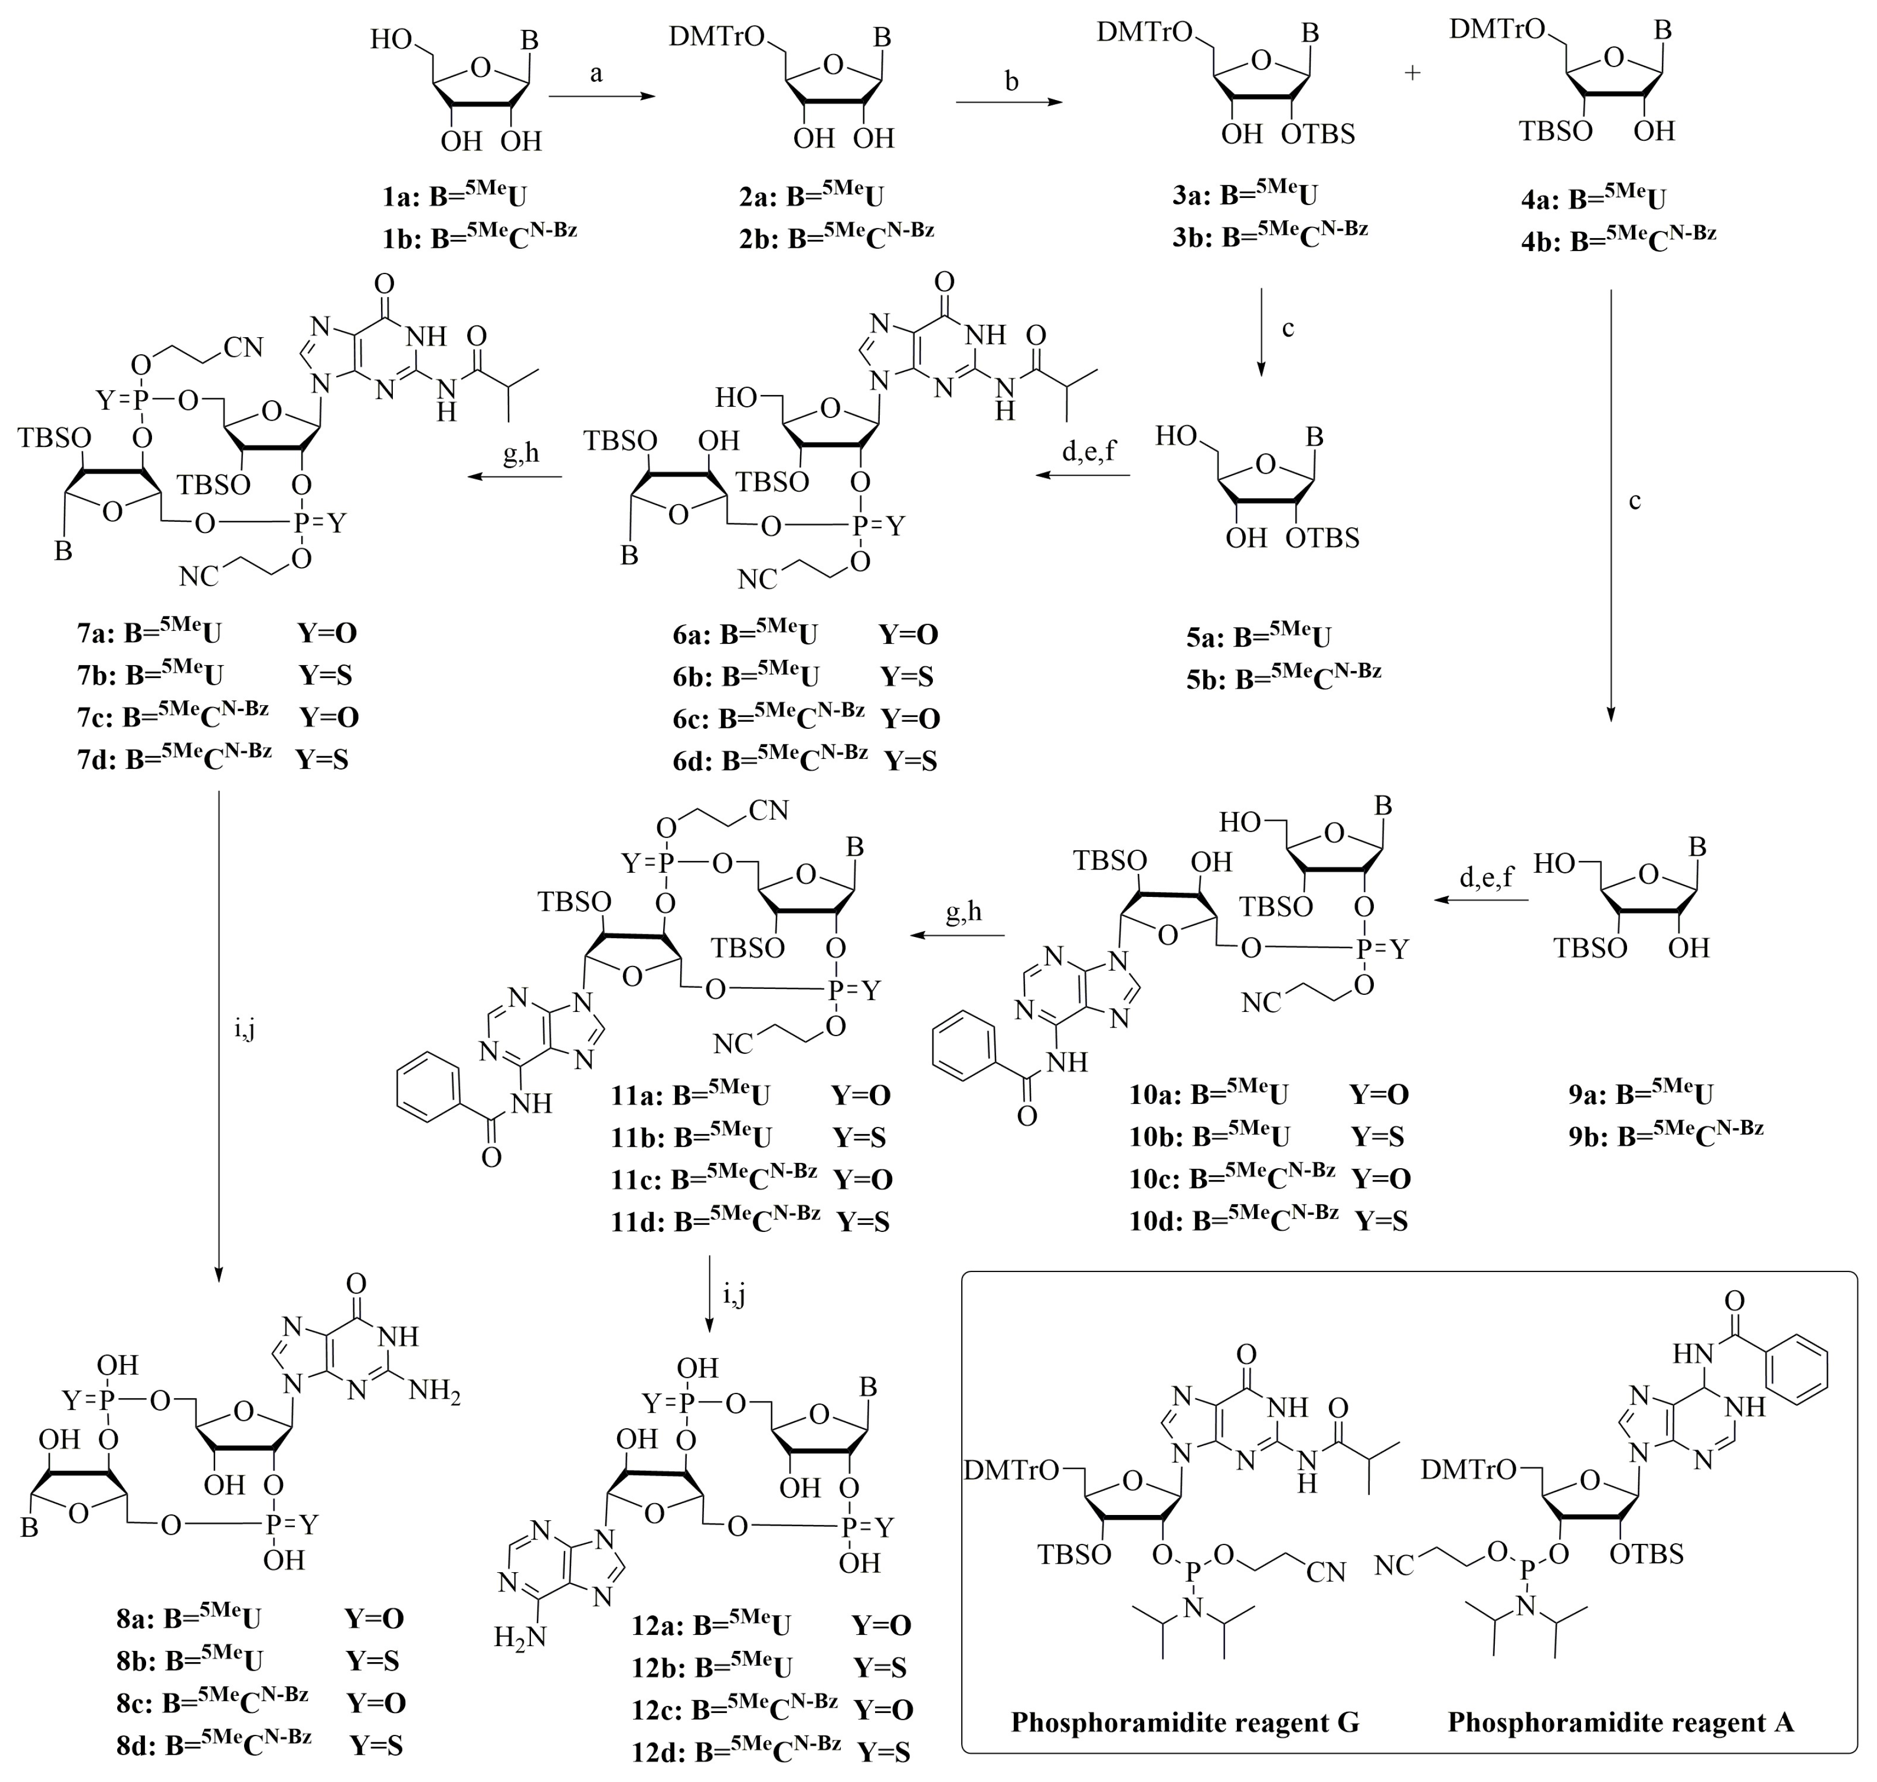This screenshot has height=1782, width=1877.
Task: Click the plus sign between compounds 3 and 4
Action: [x=1412, y=74]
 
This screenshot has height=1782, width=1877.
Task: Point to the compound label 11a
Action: [x=634, y=1095]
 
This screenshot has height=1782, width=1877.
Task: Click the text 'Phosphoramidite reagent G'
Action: [x=1184, y=1722]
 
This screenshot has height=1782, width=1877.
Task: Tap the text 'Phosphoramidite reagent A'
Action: [x=1621, y=1722]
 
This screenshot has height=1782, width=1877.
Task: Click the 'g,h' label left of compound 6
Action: [x=521, y=454]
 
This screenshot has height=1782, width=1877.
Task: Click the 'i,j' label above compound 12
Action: [x=734, y=1294]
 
